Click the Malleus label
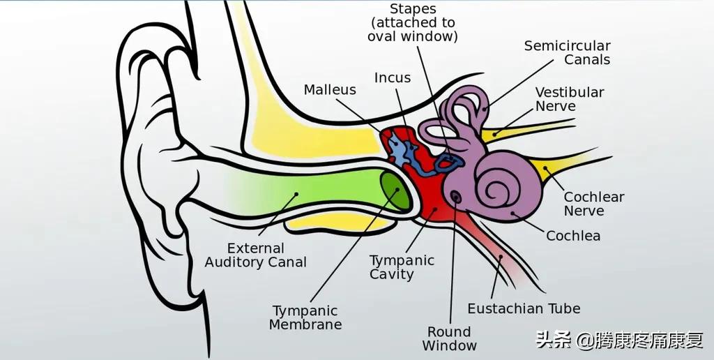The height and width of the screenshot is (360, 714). click(330, 90)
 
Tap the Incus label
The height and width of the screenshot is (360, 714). click(393, 77)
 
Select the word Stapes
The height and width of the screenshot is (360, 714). click(413, 9)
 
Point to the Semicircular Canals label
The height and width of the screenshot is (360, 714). click(568, 53)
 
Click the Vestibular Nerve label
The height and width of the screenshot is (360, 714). click(569, 99)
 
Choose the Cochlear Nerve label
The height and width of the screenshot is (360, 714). click(593, 204)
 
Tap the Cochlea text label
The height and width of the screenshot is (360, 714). click(573, 236)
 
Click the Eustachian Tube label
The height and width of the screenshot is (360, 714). click(524, 308)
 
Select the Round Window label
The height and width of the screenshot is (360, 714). click(450, 338)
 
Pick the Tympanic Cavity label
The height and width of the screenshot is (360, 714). click(402, 267)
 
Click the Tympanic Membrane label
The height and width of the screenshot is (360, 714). click(305, 317)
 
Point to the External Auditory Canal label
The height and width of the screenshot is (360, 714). click(256, 255)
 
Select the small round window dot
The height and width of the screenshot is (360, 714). click(457, 197)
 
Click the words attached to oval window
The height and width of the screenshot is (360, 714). click(413, 29)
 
